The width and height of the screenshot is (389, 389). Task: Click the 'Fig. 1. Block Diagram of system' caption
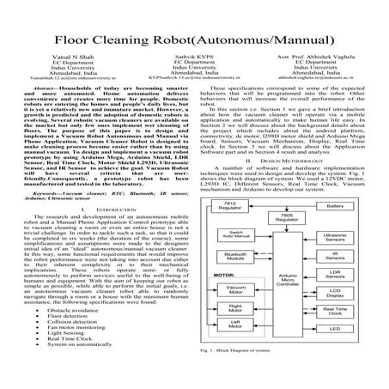(249, 375)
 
